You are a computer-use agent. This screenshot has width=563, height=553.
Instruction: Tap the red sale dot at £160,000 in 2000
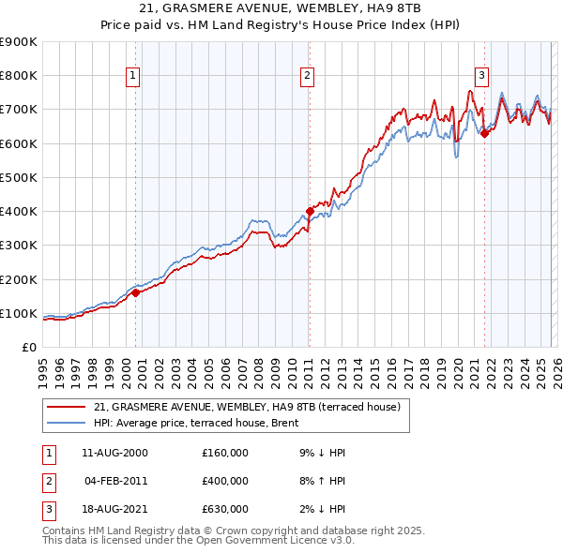point(135,292)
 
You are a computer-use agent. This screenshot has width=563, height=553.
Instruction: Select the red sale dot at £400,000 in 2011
point(309,211)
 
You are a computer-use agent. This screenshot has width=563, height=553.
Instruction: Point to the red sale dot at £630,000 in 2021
point(484,133)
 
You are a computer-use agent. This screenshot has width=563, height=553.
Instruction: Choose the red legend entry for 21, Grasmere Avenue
point(248,407)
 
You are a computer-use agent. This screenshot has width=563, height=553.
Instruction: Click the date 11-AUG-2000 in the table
point(114,453)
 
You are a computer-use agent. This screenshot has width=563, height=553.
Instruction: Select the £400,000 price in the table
point(225,481)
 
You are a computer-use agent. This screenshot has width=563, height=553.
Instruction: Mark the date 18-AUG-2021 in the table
point(114,509)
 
